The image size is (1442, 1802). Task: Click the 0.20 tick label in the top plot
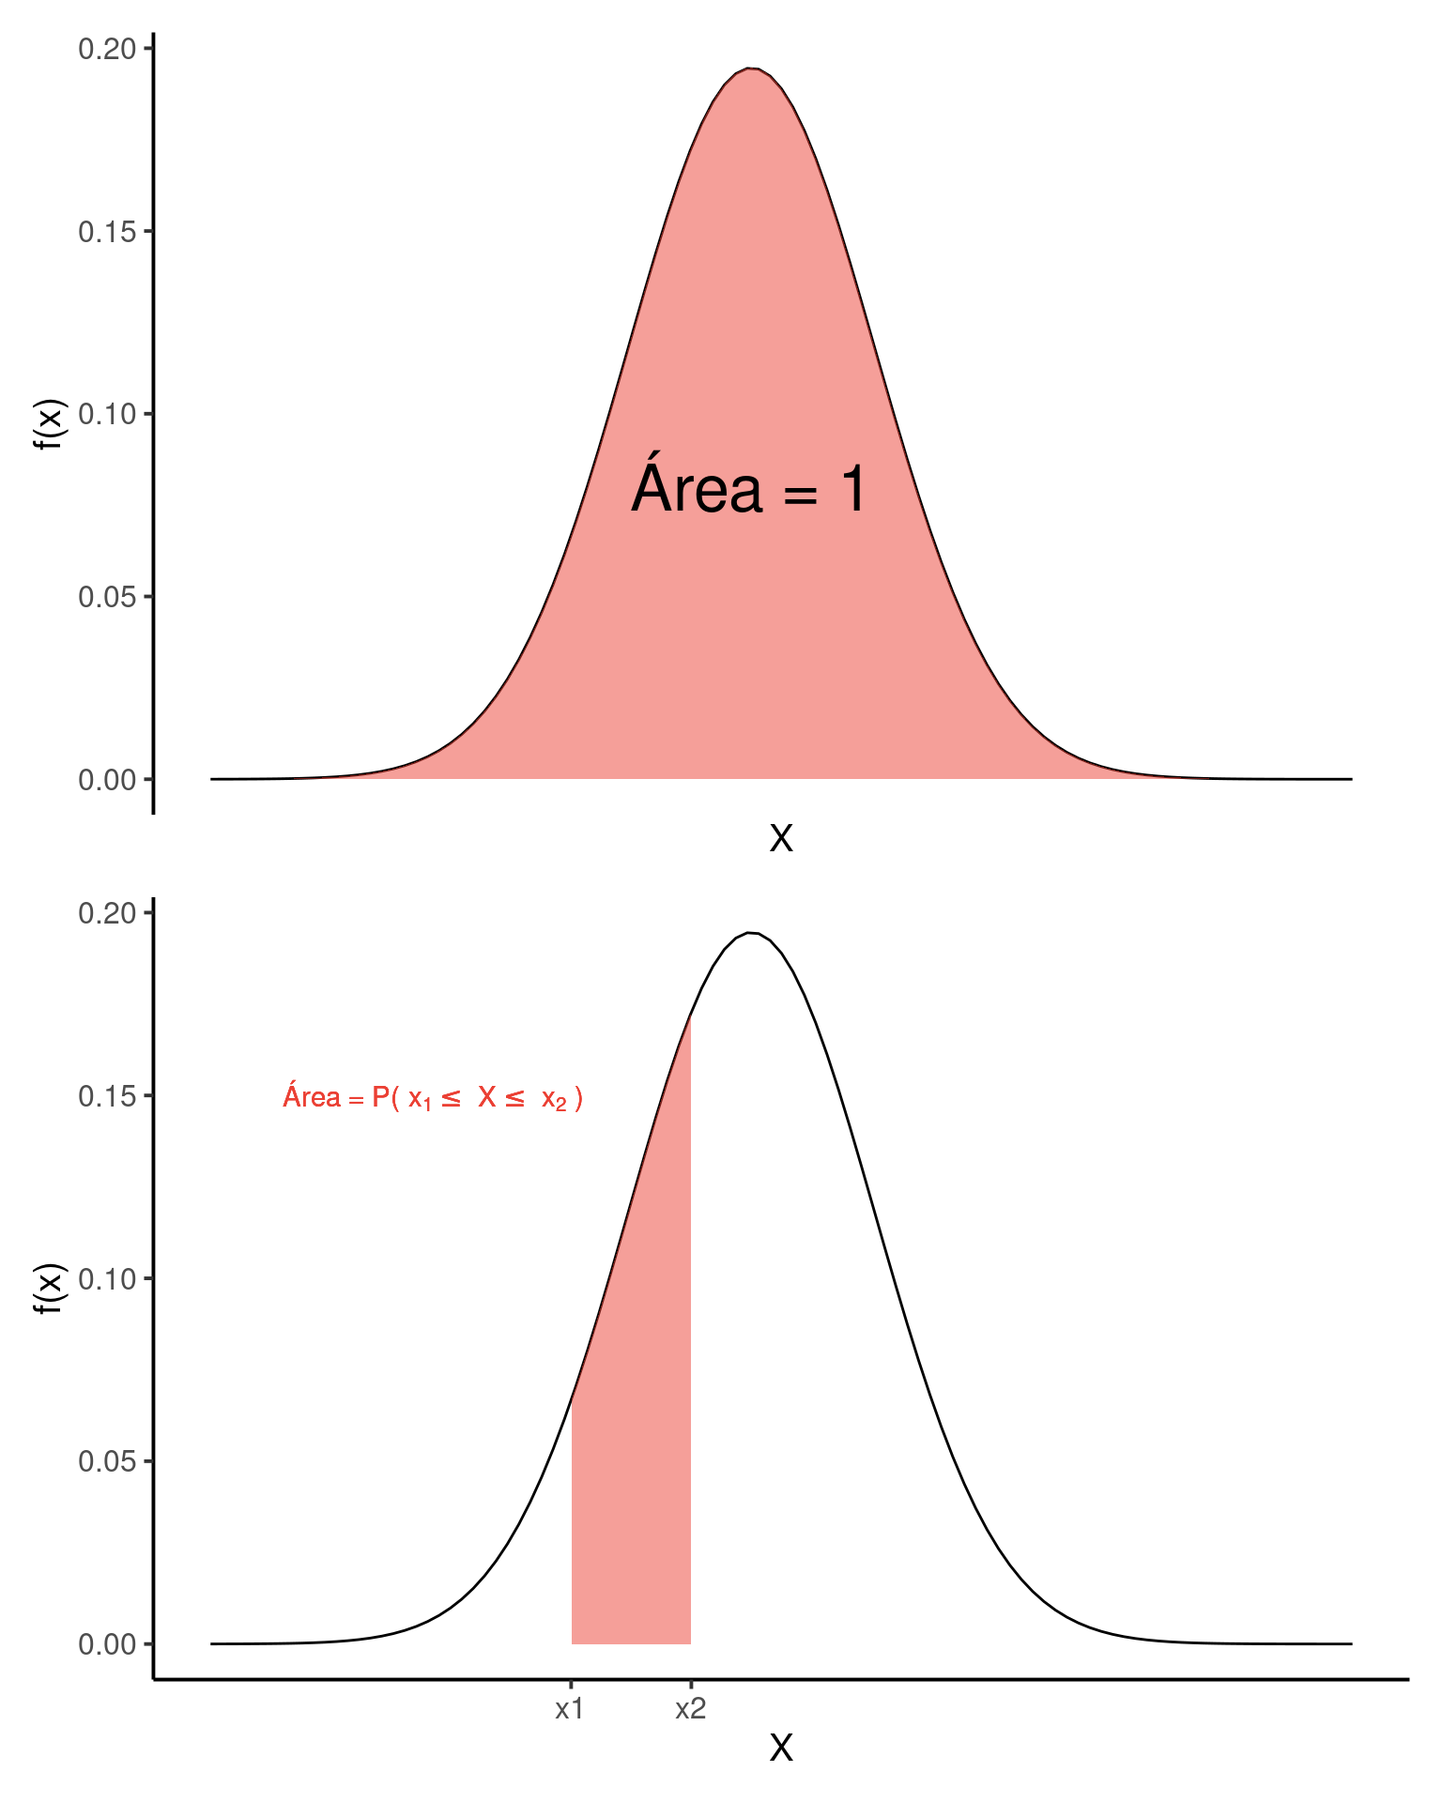point(107,49)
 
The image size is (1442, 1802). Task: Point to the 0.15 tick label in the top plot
point(107,232)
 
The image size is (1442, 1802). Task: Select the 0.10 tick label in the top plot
point(107,414)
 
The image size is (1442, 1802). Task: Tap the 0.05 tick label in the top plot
point(107,597)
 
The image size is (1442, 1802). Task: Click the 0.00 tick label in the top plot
point(107,780)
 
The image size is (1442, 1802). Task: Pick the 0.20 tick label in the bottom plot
point(107,913)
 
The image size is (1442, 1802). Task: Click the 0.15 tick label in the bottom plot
point(107,1096)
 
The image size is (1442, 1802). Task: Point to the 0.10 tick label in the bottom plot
point(107,1278)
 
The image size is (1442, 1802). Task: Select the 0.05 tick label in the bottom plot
point(107,1461)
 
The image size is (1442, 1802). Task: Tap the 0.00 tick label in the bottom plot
point(107,1644)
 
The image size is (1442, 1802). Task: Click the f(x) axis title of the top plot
point(49,424)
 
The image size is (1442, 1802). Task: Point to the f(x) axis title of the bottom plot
point(49,1289)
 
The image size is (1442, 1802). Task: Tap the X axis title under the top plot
point(781,838)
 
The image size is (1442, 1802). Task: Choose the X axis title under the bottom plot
point(781,1749)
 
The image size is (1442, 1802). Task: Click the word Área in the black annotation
point(697,488)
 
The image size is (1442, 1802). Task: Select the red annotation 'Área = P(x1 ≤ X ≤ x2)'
point(433,1097)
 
